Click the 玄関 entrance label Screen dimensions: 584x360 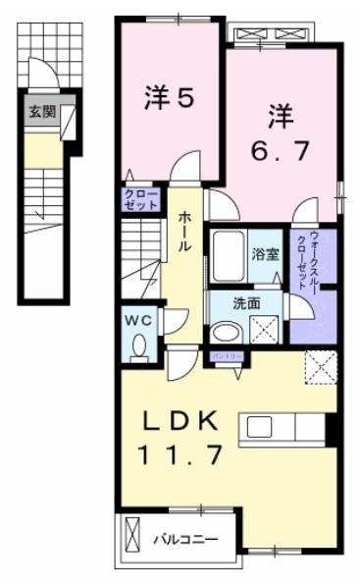(41, 112)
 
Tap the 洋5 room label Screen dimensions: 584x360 (169, 97)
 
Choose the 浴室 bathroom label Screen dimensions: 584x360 (265, 255)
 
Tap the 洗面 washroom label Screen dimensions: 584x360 (246, 303)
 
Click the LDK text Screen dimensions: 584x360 (180, 420)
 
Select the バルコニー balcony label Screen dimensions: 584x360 (184, 538)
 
